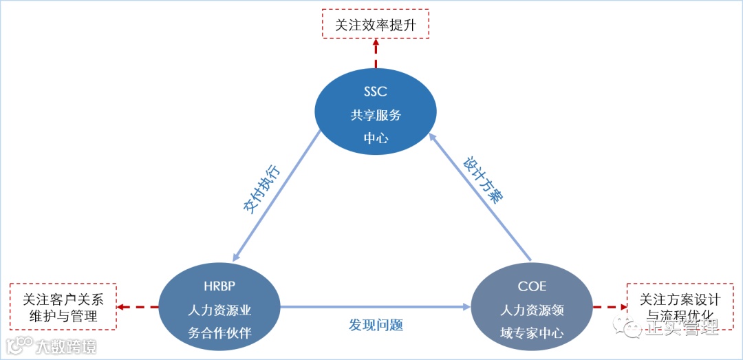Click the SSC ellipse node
[x=376, y=114]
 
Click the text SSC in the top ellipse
[x=376, y=91]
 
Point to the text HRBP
[x=219, y=286]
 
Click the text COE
[x=532, y=286]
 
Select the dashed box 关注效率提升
[x=376, y=25]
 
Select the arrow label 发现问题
[x=376, y=324]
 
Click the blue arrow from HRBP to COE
[x=376, y=308]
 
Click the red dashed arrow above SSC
[x=376, y=55]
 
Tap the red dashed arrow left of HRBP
[x=138, y=307]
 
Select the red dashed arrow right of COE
[x=610, y=307]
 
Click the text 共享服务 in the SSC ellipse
[x=376, y=115]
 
